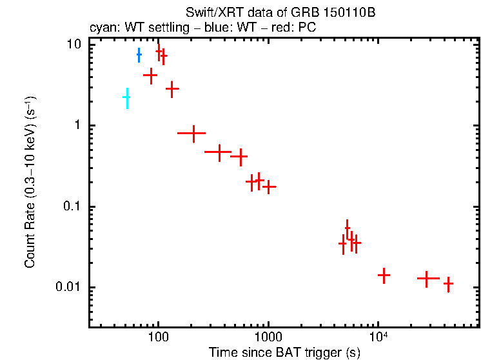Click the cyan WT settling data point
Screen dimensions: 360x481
[127, 97]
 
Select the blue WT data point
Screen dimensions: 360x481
[139, 55]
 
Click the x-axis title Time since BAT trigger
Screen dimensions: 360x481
[284, 353]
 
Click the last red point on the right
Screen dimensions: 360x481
[448, 283]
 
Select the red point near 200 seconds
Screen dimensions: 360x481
[191, 134]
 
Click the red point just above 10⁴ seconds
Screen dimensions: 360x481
[384, 275]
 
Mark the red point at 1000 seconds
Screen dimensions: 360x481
[269, 186]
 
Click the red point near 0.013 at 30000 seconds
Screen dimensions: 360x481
[426, 278]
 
